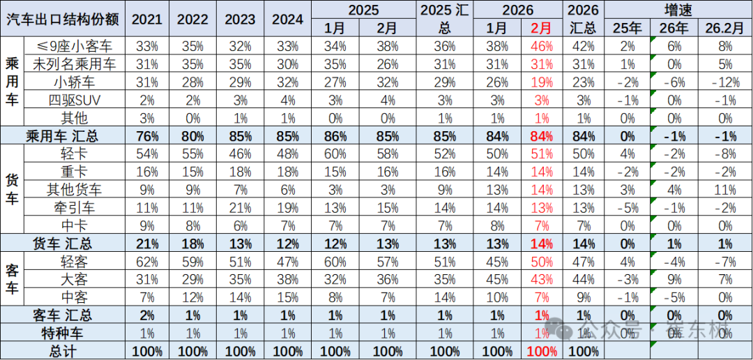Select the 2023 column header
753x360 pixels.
tap(240, 19)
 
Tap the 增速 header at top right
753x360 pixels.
tap(678, 10)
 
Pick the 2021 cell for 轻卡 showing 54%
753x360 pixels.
tap(145, 153)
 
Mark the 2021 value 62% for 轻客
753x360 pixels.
tap(145, 261)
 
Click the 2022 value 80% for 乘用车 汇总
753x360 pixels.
tap(192, 136)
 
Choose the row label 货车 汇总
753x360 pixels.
tap(64, 243)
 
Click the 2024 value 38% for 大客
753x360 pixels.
tap(287, 279)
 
